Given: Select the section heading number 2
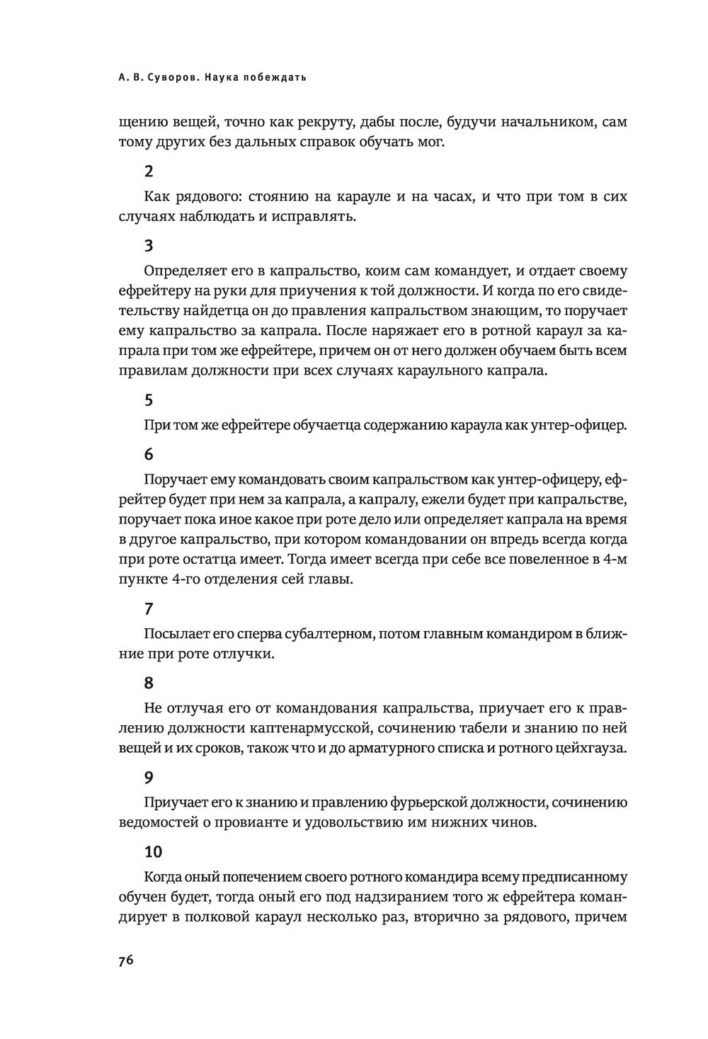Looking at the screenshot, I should click(x=148, y=171).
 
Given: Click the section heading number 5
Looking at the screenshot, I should click(x=148, y=399).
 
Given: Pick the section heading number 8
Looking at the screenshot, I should click(x=148, y=683).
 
